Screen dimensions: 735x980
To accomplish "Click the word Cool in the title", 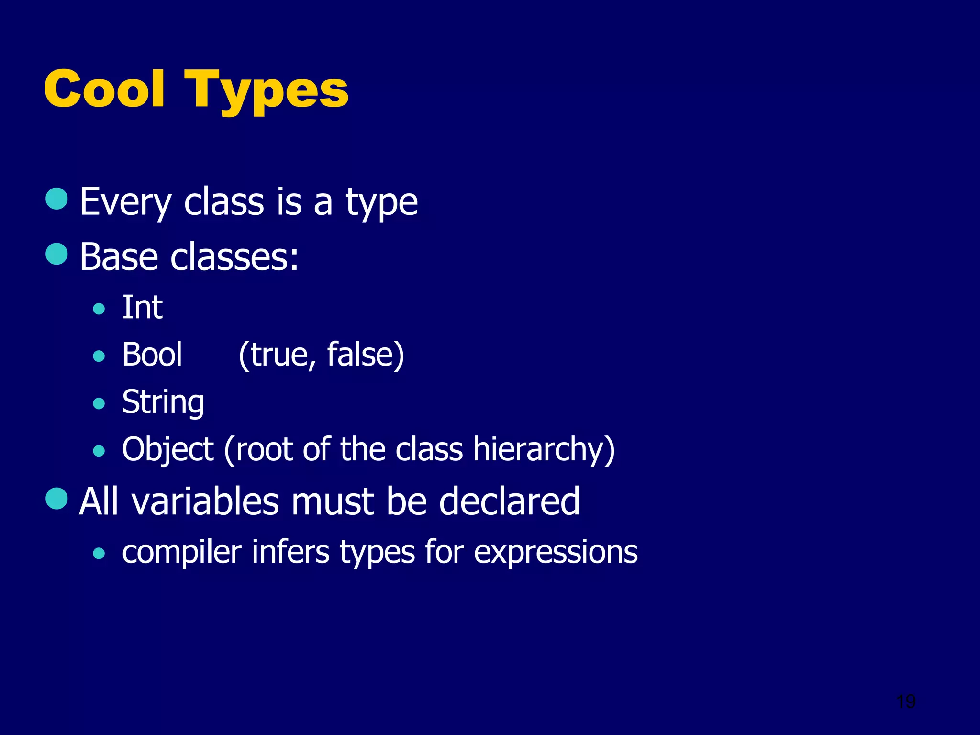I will point(104,89).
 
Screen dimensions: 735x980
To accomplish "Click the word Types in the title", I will point(267,91).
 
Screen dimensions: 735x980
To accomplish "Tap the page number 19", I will point(906,702).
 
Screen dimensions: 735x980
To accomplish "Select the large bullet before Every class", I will point(56,199).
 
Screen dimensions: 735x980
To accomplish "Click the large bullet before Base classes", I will point(56,254).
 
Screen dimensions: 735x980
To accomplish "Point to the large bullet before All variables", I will point(56,499).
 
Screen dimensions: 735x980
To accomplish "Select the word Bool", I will point(152,355).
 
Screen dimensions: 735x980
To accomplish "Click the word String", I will point(163,402).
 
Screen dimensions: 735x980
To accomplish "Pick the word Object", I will point(167,450).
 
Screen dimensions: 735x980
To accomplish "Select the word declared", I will point(509,501).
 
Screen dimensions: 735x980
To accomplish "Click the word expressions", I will point(556,553).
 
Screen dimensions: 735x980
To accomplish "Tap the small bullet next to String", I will point(99,403).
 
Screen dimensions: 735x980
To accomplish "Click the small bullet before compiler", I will point(99,554).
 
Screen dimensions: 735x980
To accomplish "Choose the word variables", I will point(205,501).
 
